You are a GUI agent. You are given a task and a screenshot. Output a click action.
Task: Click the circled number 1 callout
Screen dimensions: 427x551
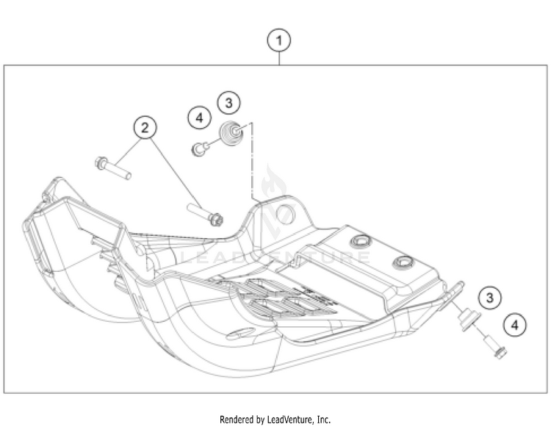coord(279,40)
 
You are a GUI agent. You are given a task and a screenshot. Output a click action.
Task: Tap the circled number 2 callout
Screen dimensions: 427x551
coord(145,129)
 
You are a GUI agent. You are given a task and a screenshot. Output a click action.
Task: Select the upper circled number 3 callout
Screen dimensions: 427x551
coord(228,103)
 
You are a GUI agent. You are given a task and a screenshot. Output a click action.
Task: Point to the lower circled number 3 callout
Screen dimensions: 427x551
coord(489,298)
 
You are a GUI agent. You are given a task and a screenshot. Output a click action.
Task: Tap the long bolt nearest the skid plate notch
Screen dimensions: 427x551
coord(205,215)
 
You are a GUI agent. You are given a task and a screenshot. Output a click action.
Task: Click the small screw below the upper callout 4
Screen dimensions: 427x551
coord(199,149)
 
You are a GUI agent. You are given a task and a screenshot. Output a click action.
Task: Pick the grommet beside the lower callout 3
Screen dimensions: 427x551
coord(464,317)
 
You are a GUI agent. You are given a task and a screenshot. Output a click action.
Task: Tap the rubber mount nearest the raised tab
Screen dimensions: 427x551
coord(360,242)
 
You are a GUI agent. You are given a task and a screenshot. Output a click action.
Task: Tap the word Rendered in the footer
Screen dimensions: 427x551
coord(237,420)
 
